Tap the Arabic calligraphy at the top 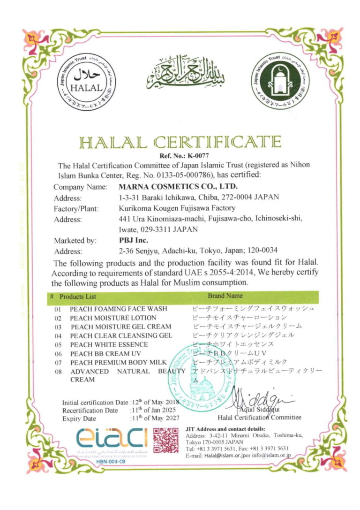coord(183,75)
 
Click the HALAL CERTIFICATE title coord(180,142)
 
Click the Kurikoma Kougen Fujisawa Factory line coord(177,208)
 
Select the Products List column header coord(77,296)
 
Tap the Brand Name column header coord(225,296)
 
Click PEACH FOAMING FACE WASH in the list coord(118,309)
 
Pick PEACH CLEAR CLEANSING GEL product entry coord(121,335)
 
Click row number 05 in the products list coord(58,344)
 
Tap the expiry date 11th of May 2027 coord(155,419)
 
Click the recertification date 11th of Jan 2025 coord(155,410)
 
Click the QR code coord(165,440)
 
